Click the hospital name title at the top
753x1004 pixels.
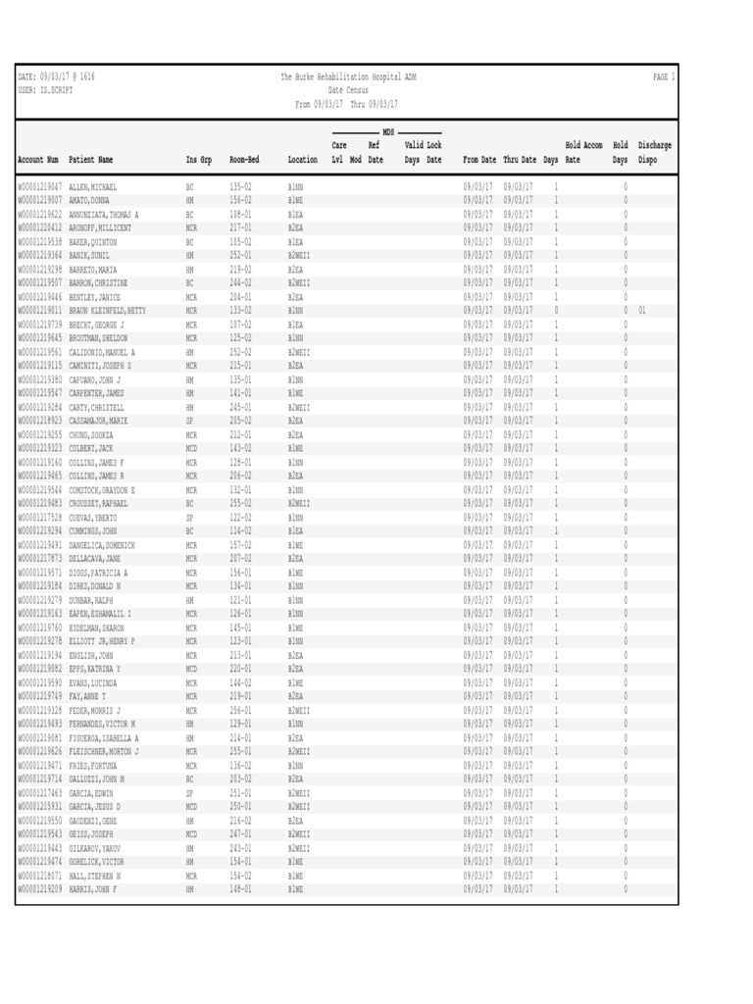click(348, 76)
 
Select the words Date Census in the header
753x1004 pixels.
click(348, 90)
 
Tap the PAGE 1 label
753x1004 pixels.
click(664, 76)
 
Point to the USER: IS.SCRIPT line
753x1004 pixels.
click(46, 90)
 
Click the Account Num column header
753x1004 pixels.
click(38, 159)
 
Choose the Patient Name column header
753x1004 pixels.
click(91, 159)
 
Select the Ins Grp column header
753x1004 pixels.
click(199, 159)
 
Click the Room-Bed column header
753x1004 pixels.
click(244, 159)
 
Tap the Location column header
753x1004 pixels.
click(303, 159)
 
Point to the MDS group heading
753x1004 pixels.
click(387, 131)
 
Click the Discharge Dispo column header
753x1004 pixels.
click(654, 152)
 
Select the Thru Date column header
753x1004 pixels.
click(521, 159)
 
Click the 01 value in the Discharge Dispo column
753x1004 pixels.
click(642, 310)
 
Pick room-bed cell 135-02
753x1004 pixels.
click(241, 186)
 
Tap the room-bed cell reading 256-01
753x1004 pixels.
click(241, 711)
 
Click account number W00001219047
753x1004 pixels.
click(40, 186)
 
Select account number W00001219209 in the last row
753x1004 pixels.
click(40, 889)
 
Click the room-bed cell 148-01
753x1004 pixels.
click(241, 889)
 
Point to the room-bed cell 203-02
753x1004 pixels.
click(241, 779)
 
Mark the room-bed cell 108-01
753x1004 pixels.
click(241, 214)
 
